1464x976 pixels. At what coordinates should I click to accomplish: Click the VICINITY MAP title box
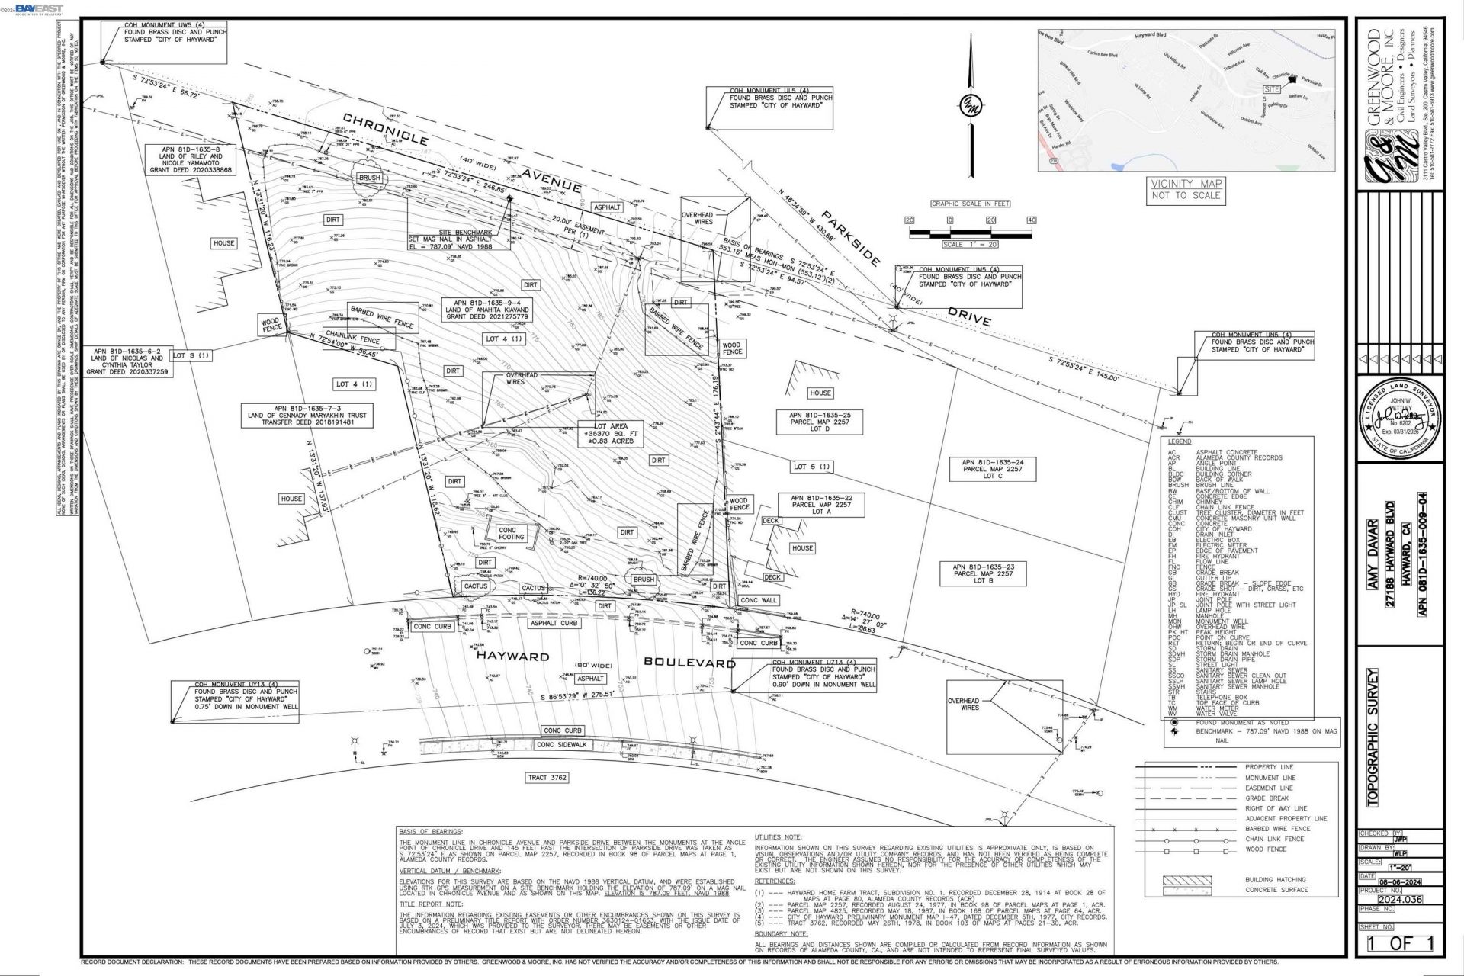coord(1186,189)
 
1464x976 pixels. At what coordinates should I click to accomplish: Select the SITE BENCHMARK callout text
coord(465,239)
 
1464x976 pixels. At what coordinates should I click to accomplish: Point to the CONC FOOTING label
coord(512,533)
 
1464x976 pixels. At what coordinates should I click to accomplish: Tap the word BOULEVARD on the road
coord(689,662)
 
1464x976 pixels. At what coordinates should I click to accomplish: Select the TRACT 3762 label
coord(548,778)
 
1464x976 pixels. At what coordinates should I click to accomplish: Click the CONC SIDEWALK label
coord(562,744)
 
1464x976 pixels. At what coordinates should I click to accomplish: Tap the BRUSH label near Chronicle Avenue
coord(369,177)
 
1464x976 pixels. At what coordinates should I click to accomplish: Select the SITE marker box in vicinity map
coord(1271,89)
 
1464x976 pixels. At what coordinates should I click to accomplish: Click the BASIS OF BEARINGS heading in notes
coord(430,831)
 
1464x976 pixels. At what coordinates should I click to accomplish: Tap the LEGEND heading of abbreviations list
coord(1179,441)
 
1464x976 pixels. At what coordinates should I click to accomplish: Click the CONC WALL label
coord(758,600)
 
